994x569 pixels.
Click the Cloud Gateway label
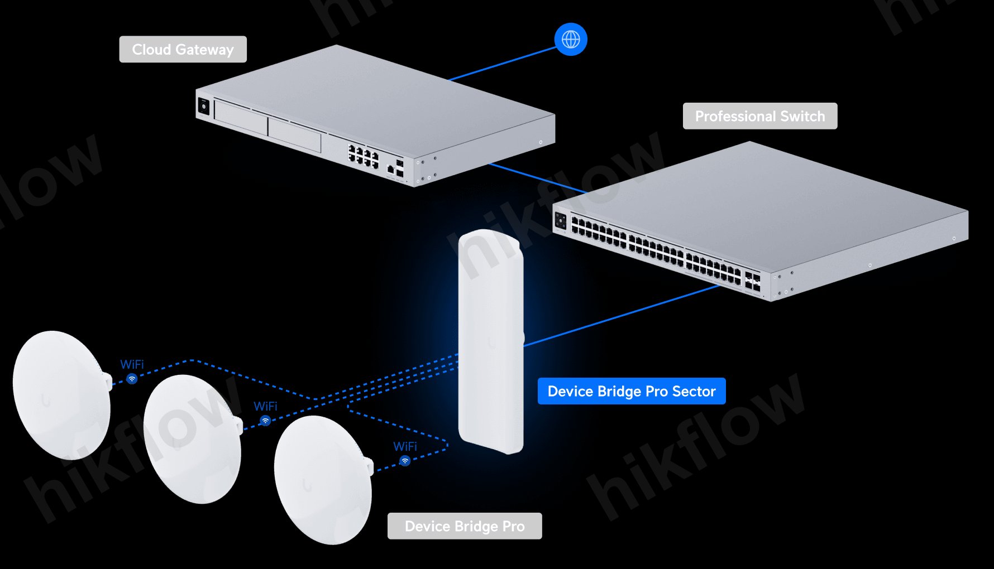[x=183, y=50]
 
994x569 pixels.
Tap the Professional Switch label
[x=759, y=116]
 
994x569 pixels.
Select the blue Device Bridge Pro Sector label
[x=631, y=391]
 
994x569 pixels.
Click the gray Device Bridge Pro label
[x=464, y=526]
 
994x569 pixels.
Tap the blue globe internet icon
[x=570, y=40]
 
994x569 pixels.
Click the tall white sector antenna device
[x=490, y=340]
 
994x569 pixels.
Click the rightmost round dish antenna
[x=322, y=480]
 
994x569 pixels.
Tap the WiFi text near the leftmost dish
[x=132, y=364]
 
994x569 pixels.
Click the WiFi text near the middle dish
[x=265, y=406]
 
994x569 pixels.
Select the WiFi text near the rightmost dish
[x=405, y=446]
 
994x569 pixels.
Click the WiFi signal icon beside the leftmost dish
[x=132, y=379]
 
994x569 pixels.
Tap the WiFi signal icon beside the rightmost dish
[x=405, y=461]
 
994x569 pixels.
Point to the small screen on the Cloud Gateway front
[x=204, y=106]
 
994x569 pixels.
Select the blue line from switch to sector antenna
[x=620, y=316]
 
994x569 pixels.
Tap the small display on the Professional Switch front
[x=560, y=220]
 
